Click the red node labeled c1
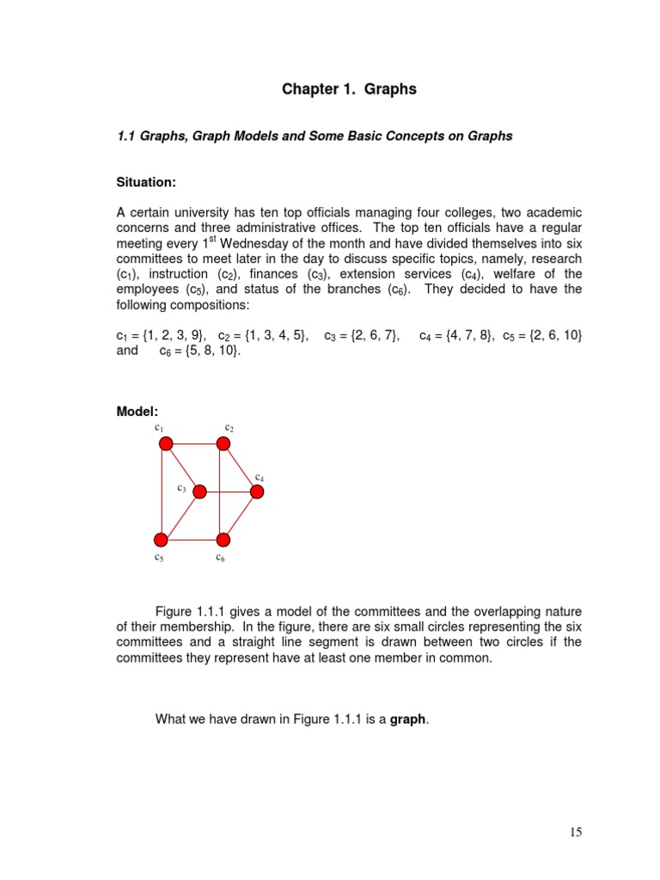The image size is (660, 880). point(166,443)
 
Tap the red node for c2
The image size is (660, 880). point(223,443)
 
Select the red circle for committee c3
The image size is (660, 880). point(199,492)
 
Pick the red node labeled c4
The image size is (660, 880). point(257,492)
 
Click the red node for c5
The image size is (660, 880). point(161,540)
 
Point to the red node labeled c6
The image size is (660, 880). point(223,540)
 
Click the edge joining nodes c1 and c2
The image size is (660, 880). point(194,443)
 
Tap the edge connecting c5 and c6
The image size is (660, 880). point(192,540)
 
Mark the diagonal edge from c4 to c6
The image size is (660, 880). point(241,516)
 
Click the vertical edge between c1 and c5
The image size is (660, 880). point(163,492)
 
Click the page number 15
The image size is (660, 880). point(576,831)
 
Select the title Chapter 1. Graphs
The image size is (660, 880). point(349,89)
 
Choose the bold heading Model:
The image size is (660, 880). point(137,412)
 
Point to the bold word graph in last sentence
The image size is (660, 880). point(408,719)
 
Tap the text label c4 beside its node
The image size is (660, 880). point(259,476)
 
